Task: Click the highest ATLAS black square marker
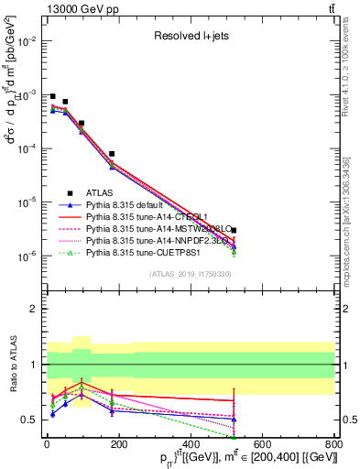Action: (53, 96)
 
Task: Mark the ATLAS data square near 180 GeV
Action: (112, 154)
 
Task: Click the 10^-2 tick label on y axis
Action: (26, 41)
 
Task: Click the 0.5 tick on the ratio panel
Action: (27, 420)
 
